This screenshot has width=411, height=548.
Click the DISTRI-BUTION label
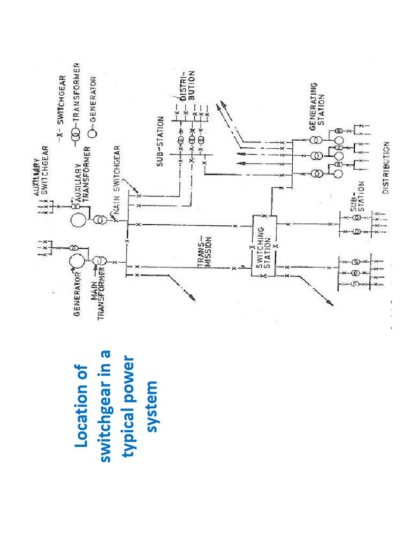[x=188, y=88]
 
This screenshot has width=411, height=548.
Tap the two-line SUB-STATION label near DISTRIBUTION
[x=356, y=203]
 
